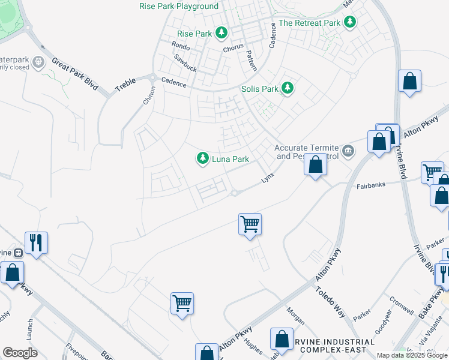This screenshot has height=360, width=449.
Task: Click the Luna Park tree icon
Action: (x=203, y=158)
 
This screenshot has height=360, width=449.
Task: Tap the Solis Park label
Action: (x=260, y=89)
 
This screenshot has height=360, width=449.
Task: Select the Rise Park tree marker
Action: (x=221, y=32)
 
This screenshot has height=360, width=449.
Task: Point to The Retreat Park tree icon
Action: (x=349, y=23)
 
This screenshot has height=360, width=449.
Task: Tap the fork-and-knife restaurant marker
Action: (x=36, y=242)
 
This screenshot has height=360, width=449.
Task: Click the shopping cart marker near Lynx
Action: (x=250, y=224)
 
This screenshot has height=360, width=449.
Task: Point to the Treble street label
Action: (x=125, y=84)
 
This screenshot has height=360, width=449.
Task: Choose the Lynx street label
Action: (x=267, y=179)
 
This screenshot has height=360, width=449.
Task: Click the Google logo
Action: (x=20, y=353)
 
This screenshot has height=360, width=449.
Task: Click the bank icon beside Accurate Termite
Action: (x=348, y=149)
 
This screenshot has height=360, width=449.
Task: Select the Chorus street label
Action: (x=233, y=48)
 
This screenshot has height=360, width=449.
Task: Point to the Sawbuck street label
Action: (x=185, y=62)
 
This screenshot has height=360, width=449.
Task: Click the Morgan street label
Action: (x=295, y=316)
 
